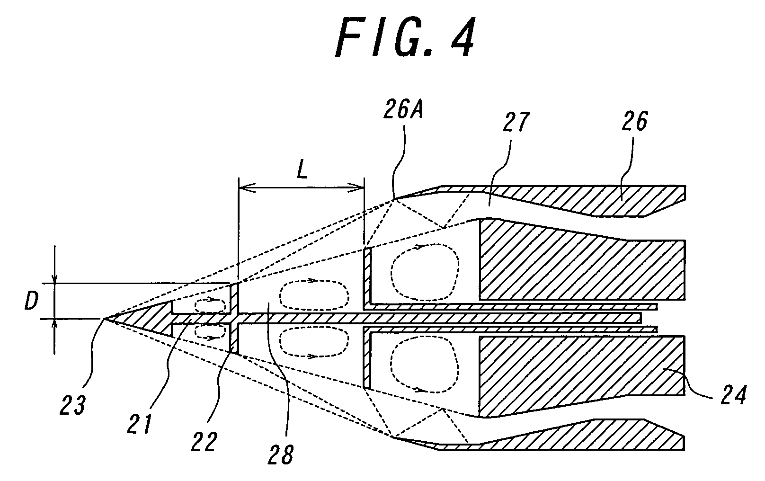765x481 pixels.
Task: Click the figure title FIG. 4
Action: (x=405, y=38)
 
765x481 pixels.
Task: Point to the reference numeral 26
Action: (x=634, y=121)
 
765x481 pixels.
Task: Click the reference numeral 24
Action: (x=733, y=394)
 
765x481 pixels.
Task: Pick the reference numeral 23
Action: (x=72, y=405)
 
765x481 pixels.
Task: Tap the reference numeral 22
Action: (x=204, y=441)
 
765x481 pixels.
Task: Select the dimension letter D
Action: (x=31, y=301)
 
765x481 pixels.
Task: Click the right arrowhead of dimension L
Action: (x=356, y=187)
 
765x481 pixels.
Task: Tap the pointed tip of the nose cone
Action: (x=104, y=319)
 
